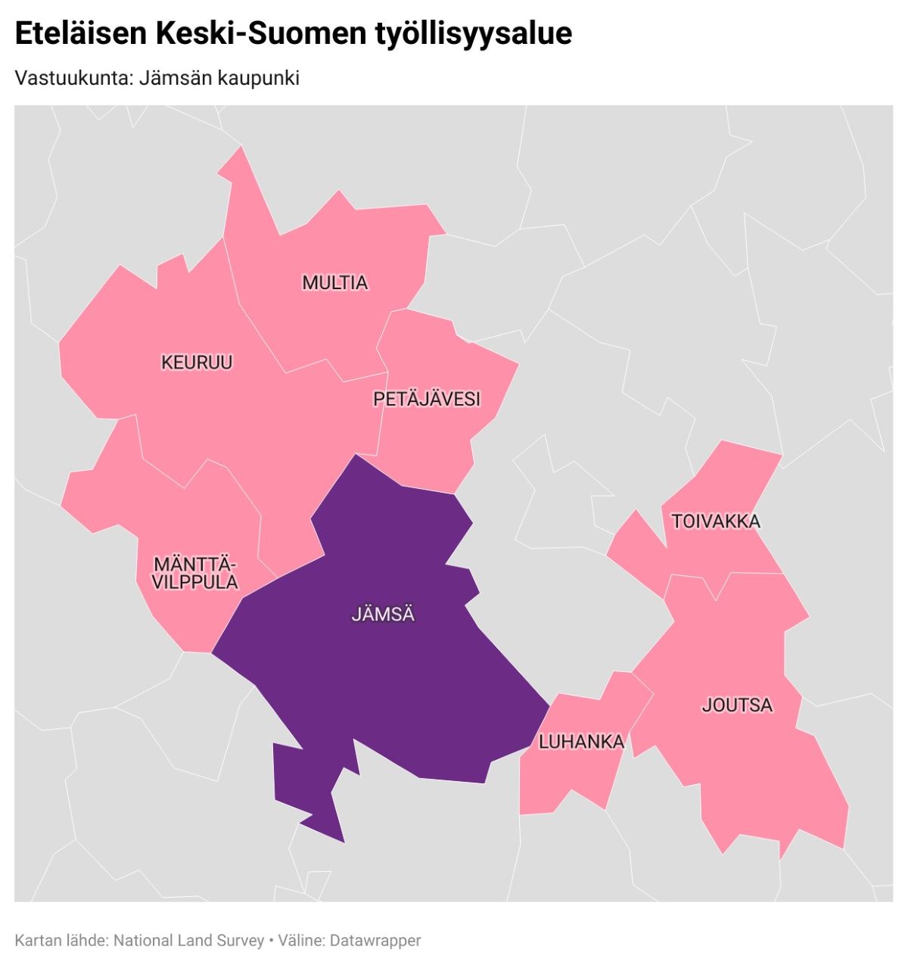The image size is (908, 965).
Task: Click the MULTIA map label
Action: click(x=334, y=283)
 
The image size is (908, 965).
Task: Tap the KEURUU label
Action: click(x=197, y=363)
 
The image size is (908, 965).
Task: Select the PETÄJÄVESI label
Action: click(x=427, y=399)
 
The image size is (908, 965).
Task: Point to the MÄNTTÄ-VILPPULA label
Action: click(x=195, y=573)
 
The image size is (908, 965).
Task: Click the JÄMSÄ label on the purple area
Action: click(x=383, y=614)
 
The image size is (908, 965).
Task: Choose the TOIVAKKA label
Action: click(x=716, y=521)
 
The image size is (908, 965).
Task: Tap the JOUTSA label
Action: click(x=737, y=705)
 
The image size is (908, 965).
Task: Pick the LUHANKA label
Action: click(x=581, y=742)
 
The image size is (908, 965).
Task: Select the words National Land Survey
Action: click(x=188, y=941)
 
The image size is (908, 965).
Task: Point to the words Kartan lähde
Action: click(x=61, y=941)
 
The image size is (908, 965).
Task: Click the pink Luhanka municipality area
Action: click(x=567, y=780)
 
